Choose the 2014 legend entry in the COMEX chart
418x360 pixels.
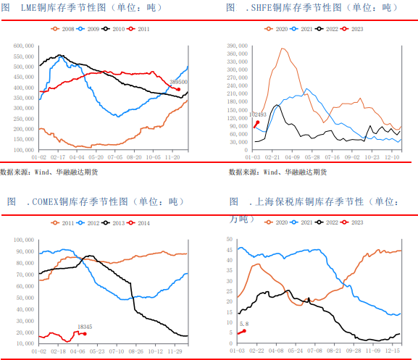tap(143, 223)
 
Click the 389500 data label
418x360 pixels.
tap(178, 83)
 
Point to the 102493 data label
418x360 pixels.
tap(257, 114)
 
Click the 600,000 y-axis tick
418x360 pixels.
tap(24, 45)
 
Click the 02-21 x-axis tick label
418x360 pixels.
tap(272, 156)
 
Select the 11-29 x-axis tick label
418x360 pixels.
tap(174, 351)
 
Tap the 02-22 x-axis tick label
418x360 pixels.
tap(257, 351)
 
